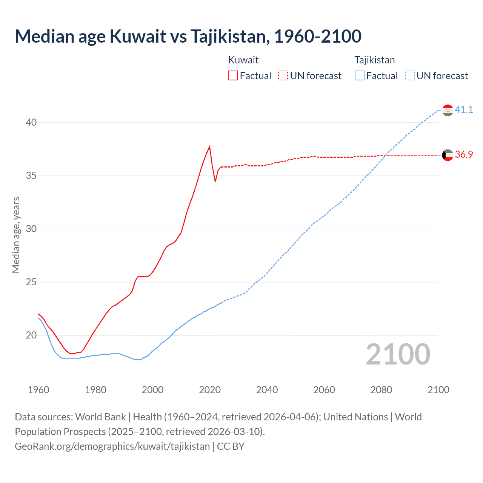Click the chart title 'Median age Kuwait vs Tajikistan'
click(x=188, y=36)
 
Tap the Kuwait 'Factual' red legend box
click(x=233, y=76)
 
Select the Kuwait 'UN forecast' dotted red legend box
click(x=283, y=76)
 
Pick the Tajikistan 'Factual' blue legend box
click(x=360, y=76)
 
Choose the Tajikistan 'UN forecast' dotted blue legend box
click(x=409, y=76)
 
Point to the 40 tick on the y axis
click(x=31, y=122)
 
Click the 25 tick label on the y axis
click(x=31, y=282)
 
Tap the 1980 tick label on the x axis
click(x=95, y=390)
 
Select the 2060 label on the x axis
click(x=324, y=390)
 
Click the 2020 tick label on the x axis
click(x=210, y=390)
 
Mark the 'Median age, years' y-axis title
click(x=16, y=235)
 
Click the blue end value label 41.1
click(x=464, y=109)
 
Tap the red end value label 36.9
click(x=464, y=154)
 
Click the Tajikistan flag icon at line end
click(x=448, y=110)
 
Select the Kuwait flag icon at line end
click(x=448, y=155)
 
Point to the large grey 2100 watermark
click(x=398, y=354)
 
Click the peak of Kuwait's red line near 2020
click(x=209, y=147)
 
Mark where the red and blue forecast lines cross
click(x=386, y=155)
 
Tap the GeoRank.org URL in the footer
click(x=112, y=446)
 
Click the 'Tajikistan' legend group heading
click(x=374, y=60)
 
